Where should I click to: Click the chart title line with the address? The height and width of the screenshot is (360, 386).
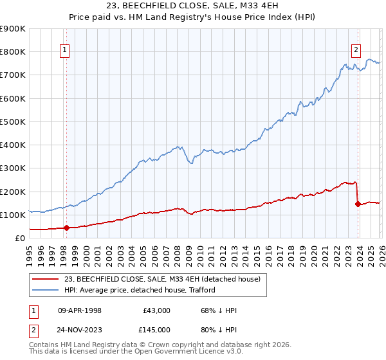coord(193,6)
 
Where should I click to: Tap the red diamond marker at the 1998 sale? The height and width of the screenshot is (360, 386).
coord(66,227)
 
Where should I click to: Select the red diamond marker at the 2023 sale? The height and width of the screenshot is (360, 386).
coord(357,204)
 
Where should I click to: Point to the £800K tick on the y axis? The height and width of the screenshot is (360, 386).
coord(13,52)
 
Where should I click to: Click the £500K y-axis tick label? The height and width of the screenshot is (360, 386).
coord(13,122)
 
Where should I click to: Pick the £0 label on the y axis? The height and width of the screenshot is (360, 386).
coord(19,238)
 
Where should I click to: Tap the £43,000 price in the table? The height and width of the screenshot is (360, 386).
coord(156,310)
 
